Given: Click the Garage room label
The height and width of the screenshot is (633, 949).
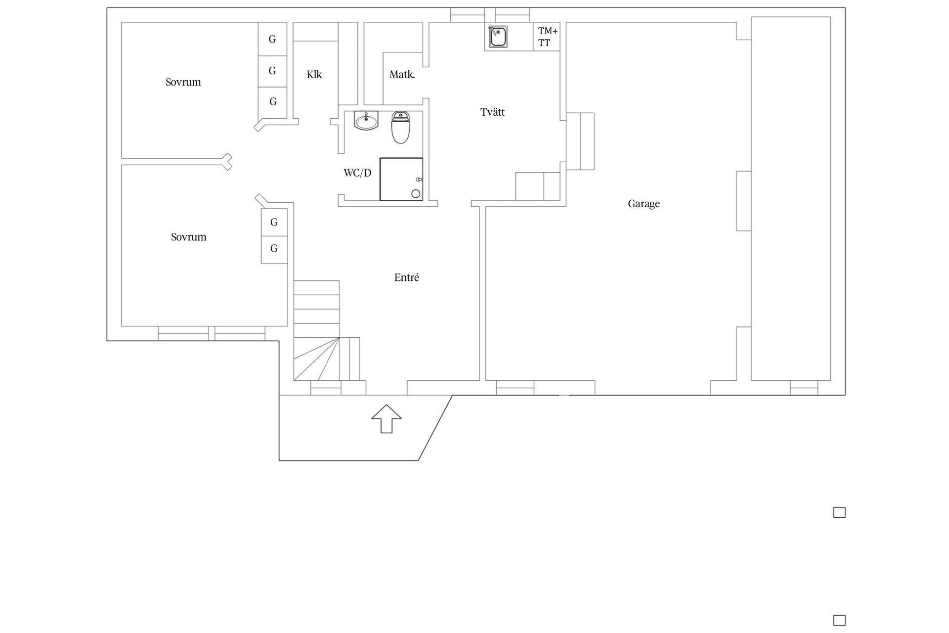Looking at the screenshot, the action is [644, 204].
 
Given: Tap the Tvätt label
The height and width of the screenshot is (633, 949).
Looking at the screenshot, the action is [492, 112].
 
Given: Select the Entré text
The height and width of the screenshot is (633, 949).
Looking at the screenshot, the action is [406, 277].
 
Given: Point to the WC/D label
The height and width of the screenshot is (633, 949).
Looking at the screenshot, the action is [357, 173].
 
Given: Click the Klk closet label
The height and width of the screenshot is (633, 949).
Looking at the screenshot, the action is [314, 74].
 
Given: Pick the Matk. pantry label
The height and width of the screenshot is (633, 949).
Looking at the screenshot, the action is [402, 75].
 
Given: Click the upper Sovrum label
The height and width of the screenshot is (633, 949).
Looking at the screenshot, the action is [183, 82].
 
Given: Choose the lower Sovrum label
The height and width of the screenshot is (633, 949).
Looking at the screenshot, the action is [188, 237].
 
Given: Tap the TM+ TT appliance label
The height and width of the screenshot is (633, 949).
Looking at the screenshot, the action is [548, 37].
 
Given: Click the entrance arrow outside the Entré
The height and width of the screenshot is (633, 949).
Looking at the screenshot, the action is [387, 419].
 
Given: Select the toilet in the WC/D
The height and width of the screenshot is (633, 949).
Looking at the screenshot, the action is [401, 127].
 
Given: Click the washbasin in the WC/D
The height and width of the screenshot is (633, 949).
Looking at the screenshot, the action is [366, 121].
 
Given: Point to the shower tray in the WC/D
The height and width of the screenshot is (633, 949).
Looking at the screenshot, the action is [401, 179].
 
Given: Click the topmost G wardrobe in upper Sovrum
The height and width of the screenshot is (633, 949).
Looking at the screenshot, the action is [272, 39].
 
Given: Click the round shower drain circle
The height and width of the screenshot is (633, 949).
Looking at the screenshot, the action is [416, 194].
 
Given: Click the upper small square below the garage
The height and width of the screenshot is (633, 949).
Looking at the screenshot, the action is [839, 512].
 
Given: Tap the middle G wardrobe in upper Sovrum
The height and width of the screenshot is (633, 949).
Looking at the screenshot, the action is [272, 71].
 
